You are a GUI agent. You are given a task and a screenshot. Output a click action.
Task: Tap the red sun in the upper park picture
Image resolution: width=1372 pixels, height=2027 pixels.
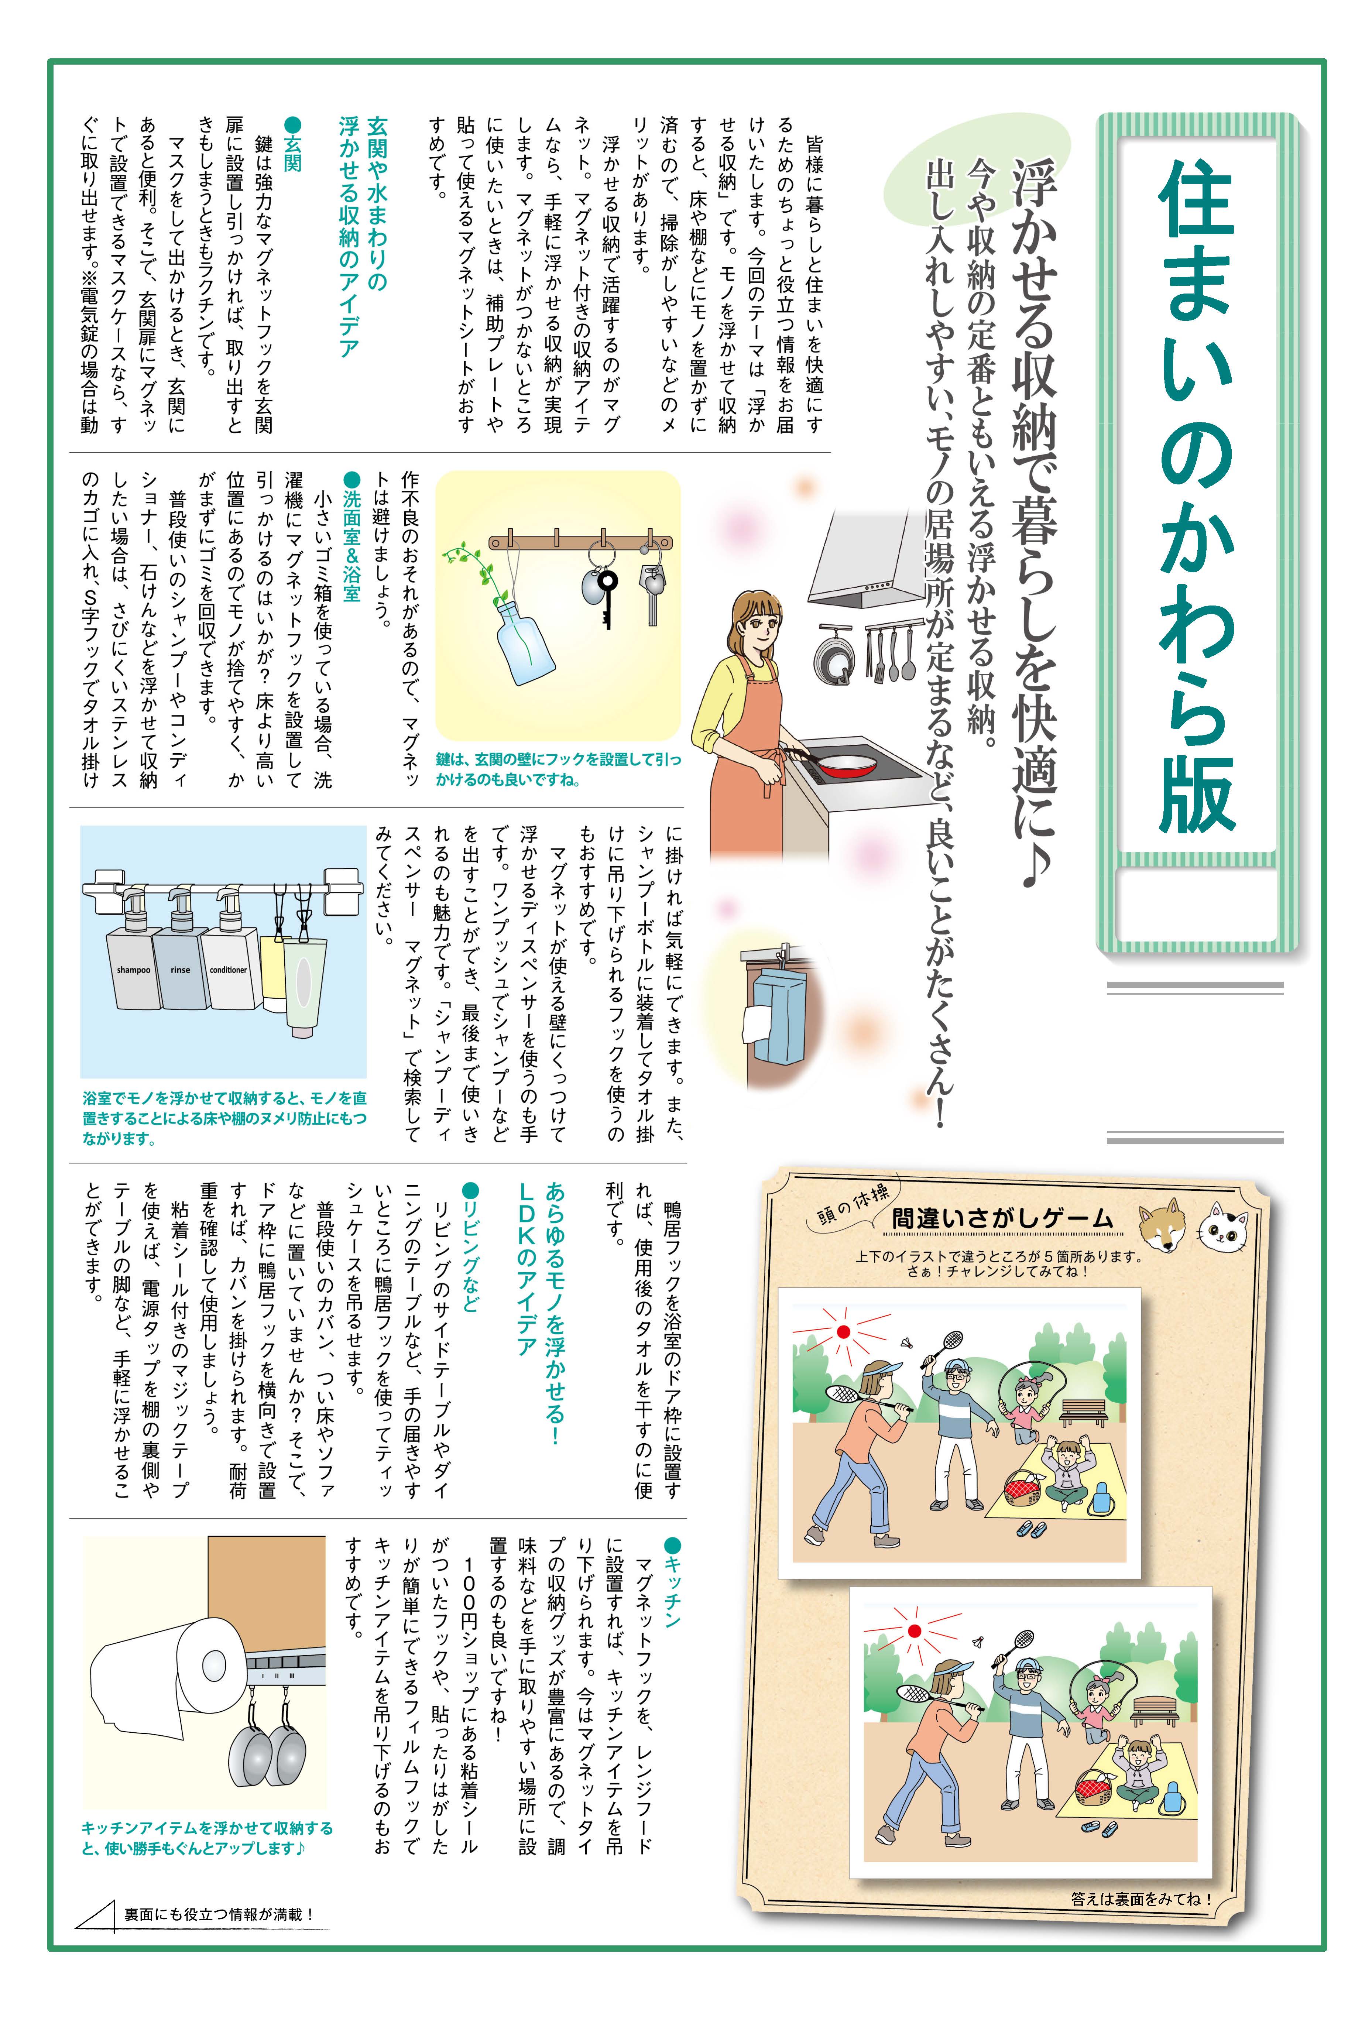843,1332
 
